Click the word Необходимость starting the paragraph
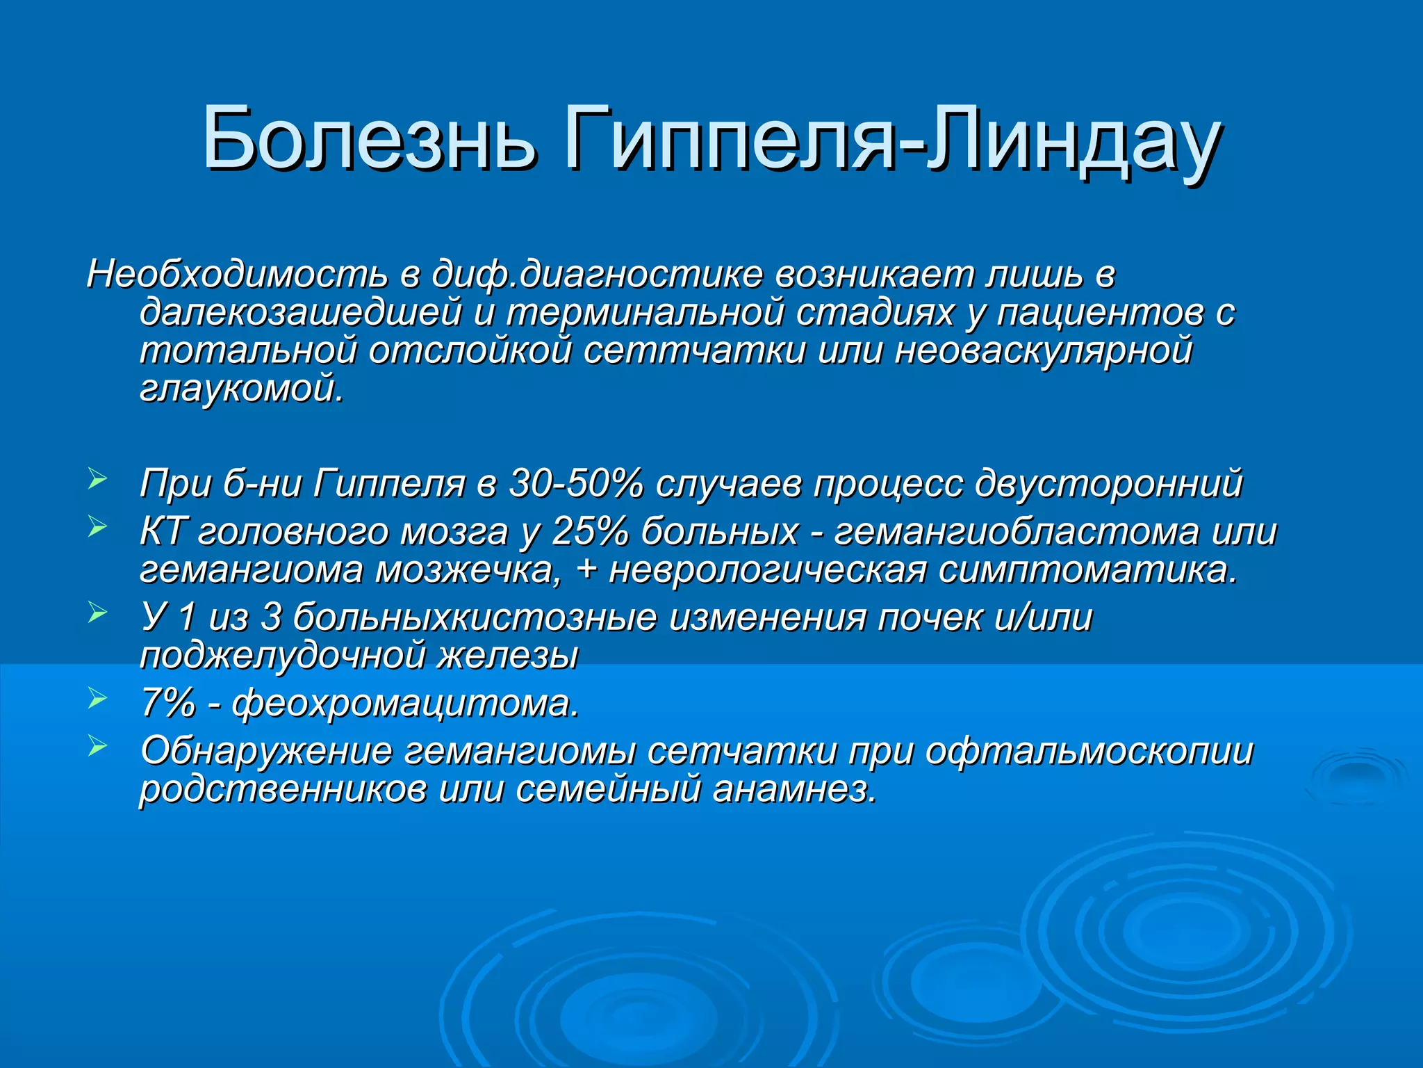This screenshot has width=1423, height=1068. click(237, 274)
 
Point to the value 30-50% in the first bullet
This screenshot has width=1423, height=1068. click(575, 483)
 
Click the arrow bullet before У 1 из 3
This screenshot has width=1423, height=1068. click(97, 613)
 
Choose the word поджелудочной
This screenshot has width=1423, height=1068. click(282, 656)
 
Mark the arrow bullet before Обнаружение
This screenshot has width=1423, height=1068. click(97, 746)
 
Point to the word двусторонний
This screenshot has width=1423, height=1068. click(1108, 483)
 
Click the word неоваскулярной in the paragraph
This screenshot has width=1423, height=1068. click(1043, 350)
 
